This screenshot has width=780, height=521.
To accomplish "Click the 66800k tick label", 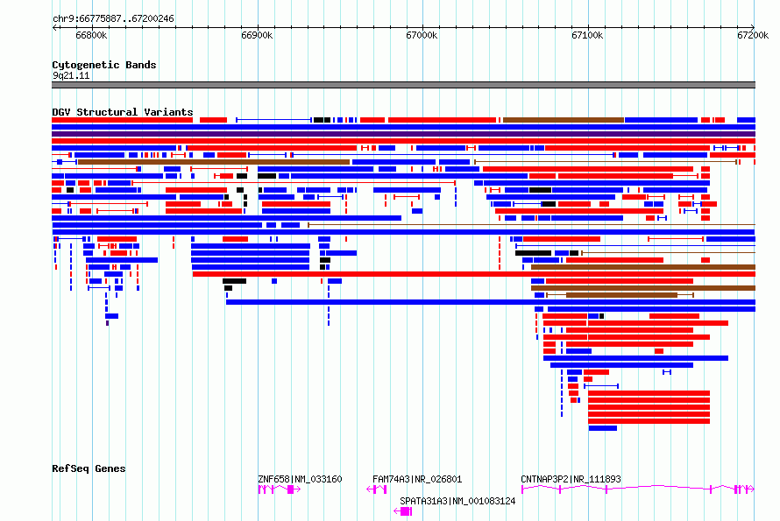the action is click(x=91, y=35).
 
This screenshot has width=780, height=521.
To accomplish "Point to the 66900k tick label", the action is click(x=257, y=35).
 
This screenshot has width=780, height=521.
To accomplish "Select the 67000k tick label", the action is click(x=422, y=35).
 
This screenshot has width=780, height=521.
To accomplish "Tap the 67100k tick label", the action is click(x=587, y=35).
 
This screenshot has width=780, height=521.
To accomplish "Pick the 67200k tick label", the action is click(x=753, y=35).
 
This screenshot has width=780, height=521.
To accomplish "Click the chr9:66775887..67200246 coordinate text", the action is click(x=113, y=19).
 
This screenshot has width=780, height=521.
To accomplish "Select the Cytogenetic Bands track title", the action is click(x=104, y=65).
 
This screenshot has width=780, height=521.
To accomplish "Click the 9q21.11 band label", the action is click(x=71, y=75).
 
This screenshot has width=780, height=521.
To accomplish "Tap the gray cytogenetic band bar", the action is click(x=403, y=85).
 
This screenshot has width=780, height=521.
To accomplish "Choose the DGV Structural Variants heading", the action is click(x=123, y=112).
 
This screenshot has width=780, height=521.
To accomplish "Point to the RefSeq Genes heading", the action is click(x=89, y=468).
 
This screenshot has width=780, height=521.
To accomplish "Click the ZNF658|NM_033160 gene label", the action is click(x=300, y=479).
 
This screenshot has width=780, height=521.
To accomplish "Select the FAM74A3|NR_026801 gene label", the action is click(x=417, y=479).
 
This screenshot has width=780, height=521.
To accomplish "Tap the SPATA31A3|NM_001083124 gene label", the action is click(x=457, y=501).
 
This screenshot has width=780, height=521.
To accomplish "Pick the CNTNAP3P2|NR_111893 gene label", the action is click(x=571, y=479).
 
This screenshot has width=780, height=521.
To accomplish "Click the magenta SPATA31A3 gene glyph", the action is click(x=403, y=511).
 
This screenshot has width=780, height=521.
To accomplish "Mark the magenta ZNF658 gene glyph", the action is click(x=279, y=489).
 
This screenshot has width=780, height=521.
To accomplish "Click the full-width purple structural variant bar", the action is click(x=403, y=134).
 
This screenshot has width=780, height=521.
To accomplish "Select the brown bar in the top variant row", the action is click(x=564, y=120).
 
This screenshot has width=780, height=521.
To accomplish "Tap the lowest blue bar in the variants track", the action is click(x=603, y=428).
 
